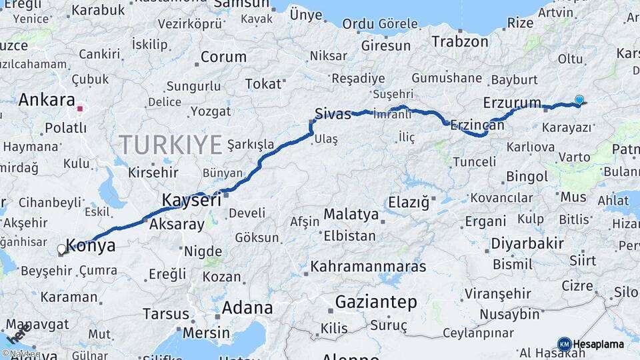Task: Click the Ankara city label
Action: [x=47, y=100]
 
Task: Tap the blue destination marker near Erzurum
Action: [x=579, y=100]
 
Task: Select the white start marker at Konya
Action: [x=62, y=249]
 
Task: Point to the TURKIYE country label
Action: [x=171, y=144]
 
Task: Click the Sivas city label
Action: [x=333, y=114]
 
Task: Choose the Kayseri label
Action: [x=191, y=199]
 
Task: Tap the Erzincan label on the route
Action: [x=477, y=125]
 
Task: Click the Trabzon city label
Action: [x=460, y=41]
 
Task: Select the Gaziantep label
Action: [x=376, y=302]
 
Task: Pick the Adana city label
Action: [x=247, y=308]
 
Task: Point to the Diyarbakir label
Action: [x=528, y=243]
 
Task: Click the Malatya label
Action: [x=351, y=215]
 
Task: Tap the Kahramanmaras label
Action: [x=368, y=267]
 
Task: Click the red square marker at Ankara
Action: [x=80, y=108]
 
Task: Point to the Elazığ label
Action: [x=409, y=201]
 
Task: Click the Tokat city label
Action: [x=263, y=84]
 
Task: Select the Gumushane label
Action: [x=447, y=78]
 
